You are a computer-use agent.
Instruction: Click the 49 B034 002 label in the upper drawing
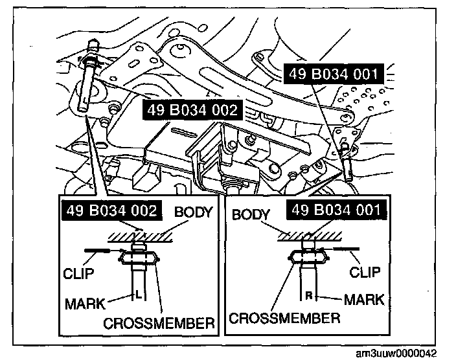click(x=192, y=109)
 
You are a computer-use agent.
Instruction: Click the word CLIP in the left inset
click(x=79, y=273)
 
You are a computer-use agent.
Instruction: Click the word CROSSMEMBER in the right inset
click(x=284, y=319)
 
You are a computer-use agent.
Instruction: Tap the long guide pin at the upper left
click(x=89, y=78)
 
